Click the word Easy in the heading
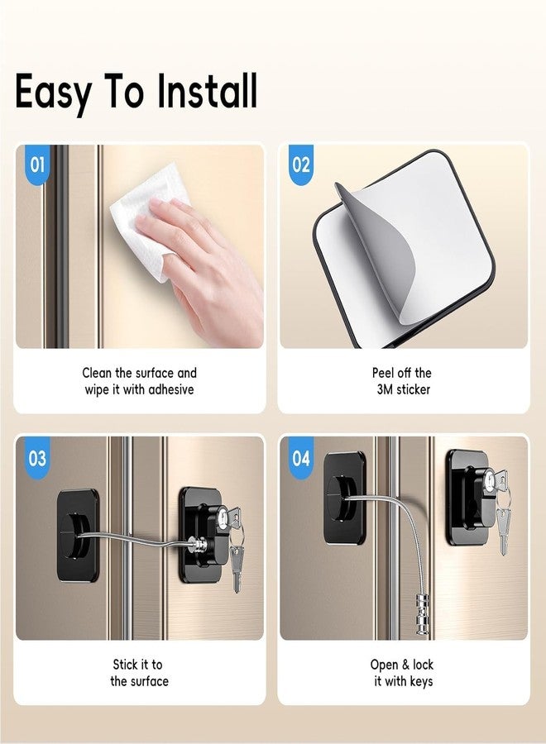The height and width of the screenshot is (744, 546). [x=54, y=93]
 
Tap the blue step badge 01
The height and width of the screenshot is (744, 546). [x=36, y=164]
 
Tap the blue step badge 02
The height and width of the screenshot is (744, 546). [x=301, y=164]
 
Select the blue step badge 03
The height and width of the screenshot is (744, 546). [x=37, y=457]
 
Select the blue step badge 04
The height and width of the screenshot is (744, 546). [x=301, y=457]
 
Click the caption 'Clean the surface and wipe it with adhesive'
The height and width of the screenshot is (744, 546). [x=140, y=381]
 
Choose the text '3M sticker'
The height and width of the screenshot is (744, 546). [x=401, y=389]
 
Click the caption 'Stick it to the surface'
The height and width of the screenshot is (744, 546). [x=139, y=673]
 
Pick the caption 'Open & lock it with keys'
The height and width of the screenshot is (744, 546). [x=402, y=673]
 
